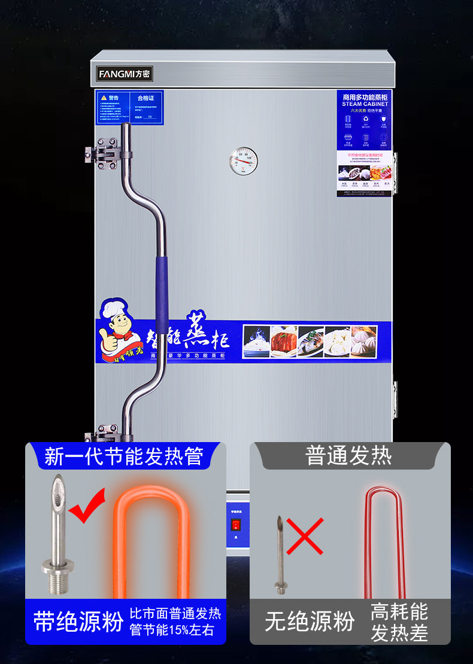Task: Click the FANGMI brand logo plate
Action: (x=125, y=74)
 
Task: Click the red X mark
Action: (x=305, y=537)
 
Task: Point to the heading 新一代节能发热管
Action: (x=124, y=458)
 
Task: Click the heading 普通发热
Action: (x=348, y=456)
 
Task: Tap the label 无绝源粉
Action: (x=310, y=622)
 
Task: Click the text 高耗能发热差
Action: (x=399, y=622)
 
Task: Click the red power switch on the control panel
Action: (x=235, y=525)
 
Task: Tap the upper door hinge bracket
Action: (x=102, y=152)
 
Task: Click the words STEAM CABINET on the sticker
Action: (x=365, y=104)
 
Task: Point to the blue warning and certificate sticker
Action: (x=130, y=107)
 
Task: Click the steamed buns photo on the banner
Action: (x=364, y=342)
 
